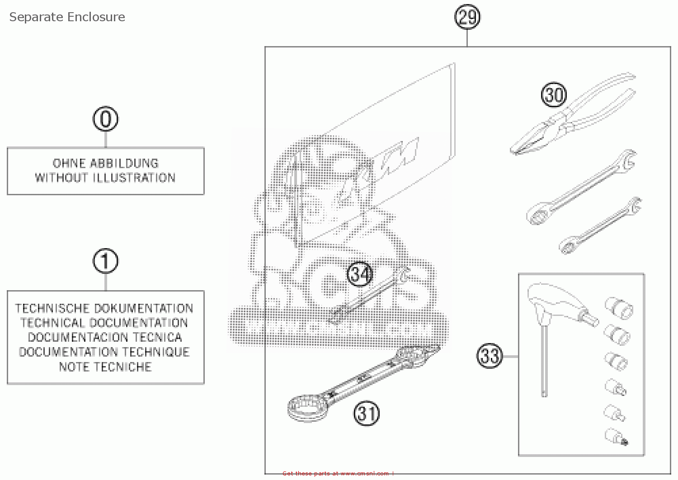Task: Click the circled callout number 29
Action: (467, 17)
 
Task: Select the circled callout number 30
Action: (554, 95)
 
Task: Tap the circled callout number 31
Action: (366, 413)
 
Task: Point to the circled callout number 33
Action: (490, 356)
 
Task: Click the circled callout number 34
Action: (360, 274)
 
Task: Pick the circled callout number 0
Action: (105, 119)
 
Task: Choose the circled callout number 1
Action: (105, 261)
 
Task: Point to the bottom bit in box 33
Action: (617, 437)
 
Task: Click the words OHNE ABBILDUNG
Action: (105, 163)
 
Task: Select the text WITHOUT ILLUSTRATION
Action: (105, 178)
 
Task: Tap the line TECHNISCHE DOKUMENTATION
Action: (104, 308)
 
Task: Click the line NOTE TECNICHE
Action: (105, 367)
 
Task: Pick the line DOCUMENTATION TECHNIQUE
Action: (104, 352)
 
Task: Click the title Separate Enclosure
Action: (67, 17)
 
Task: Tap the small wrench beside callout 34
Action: (368, 296)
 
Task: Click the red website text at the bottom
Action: (337, 473)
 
